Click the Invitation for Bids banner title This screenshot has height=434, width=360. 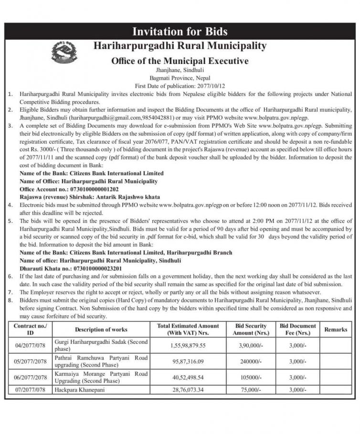(x=180, y=32)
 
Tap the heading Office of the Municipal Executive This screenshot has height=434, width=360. (x=180, y=61)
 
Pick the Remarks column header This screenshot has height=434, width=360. (x=336, y=330)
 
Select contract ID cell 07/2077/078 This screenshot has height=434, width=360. (x=31, y=390)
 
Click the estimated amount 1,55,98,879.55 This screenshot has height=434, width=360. (x=188, y=346)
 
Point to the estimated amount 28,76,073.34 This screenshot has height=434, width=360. (x=188, y=390)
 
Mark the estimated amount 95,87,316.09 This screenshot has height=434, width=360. (x=188, y=362)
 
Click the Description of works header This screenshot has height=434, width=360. (x=101, y=330)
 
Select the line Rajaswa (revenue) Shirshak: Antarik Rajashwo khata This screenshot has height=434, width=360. (x=90, y=197)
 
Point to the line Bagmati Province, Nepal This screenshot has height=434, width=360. (x=180, y=78)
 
